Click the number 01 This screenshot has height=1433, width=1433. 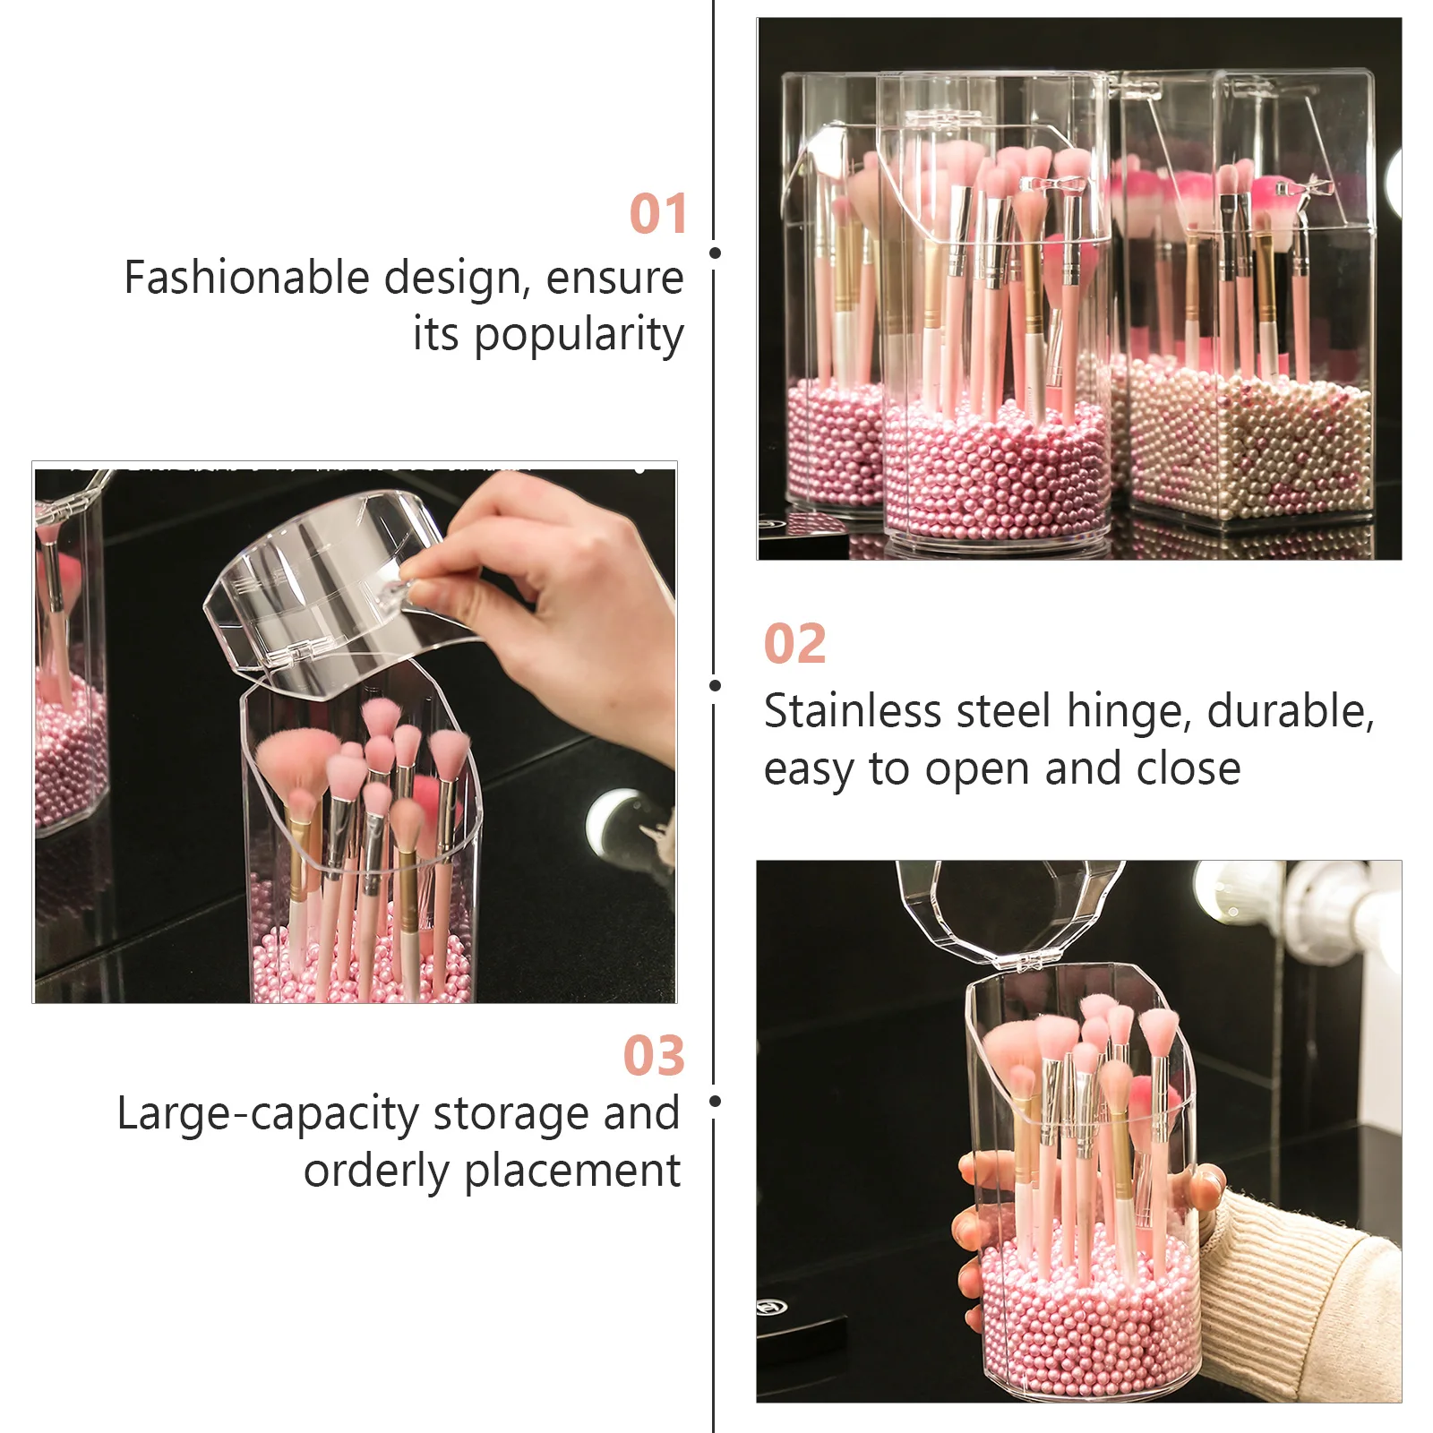pyautogui.click(x=657, y=214)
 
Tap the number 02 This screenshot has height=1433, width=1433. pyautogui.click(x=794, y=644)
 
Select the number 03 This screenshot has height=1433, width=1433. pyautogui.click(x=654, y=1056)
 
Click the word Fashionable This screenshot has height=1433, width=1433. pyautogui.click(x=246, y=278)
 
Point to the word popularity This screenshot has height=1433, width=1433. pyautogui.click(x=579, y=336)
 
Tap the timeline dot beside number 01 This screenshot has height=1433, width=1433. pyautogui.click(x=715, y=253)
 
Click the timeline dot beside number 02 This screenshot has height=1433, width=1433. pyautogui.click(x=715, y=686)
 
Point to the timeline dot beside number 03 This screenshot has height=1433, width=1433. pyautogui.click(x=715, y=1101)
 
